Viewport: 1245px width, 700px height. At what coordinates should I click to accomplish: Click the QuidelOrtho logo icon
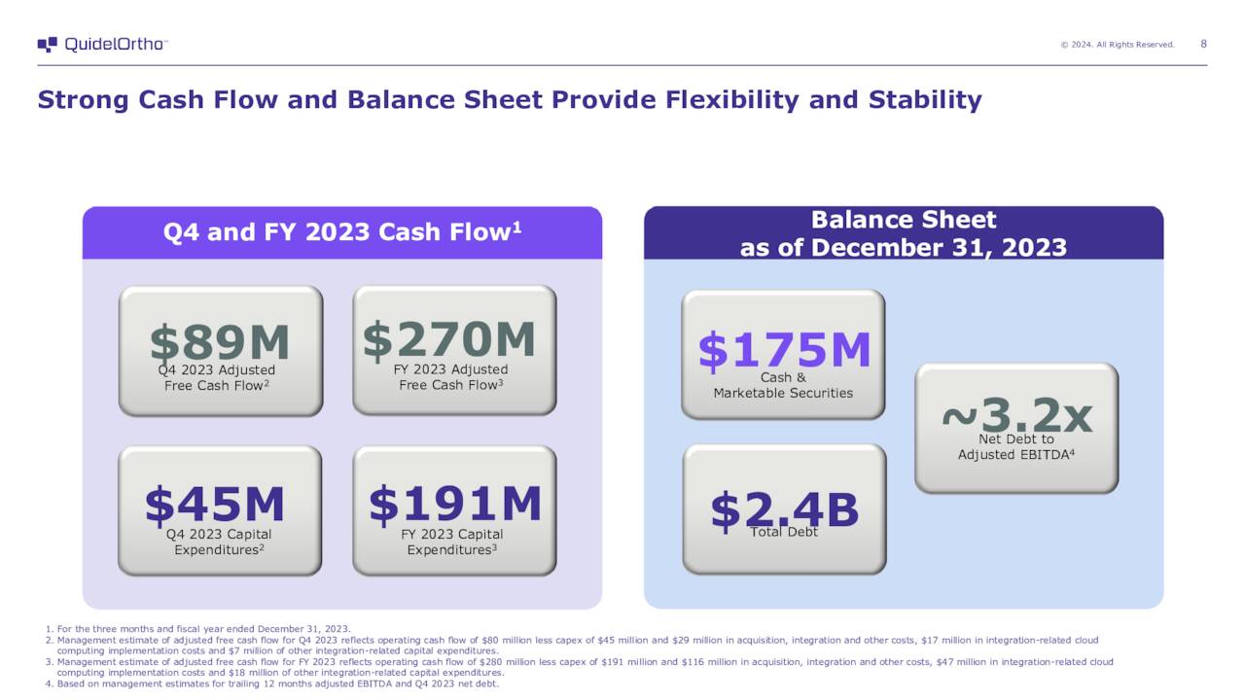(x=48, y=45)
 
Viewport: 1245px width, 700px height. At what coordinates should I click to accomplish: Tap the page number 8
(x=1204, y=44)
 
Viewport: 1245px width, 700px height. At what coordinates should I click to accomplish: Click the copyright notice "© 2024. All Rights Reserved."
(x=1117, y=45)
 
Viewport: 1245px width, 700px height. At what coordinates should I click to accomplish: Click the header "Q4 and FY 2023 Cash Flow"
(x=341, y=232)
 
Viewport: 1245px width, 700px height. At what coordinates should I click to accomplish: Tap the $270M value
(x=449, y=338)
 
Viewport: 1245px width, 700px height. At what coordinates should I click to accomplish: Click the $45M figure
(x=215, y=504)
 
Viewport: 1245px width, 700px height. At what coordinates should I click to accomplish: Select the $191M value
(x=454, y=503)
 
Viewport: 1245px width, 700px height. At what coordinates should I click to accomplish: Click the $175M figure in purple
(x=784, y=349)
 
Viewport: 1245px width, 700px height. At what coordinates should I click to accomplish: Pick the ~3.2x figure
(x=1016, y=416)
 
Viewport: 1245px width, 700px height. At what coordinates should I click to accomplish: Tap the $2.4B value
(x=784, y=507)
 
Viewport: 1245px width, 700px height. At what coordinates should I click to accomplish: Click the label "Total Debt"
(x=784, y=533)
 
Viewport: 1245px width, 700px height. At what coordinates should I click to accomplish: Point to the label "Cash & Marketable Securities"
(x=783, y=386)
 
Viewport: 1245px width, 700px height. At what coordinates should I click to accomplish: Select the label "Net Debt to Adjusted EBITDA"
(x=1015, y=447)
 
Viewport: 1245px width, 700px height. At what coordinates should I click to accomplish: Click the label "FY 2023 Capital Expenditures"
(x=452, y=542)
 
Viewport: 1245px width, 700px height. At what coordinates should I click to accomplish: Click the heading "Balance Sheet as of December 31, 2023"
(x=903, y=233)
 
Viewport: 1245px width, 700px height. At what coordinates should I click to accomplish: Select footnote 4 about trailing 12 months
(x=271, y=683)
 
